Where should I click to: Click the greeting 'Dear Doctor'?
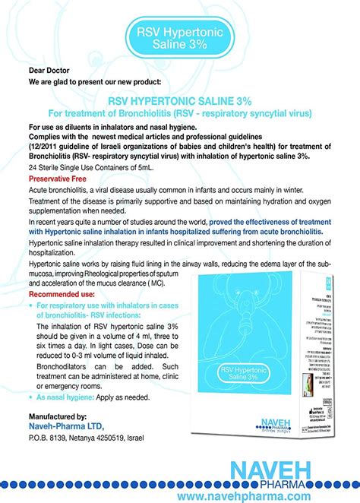(49, 67)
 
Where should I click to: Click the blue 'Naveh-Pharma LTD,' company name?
(66, 428)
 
